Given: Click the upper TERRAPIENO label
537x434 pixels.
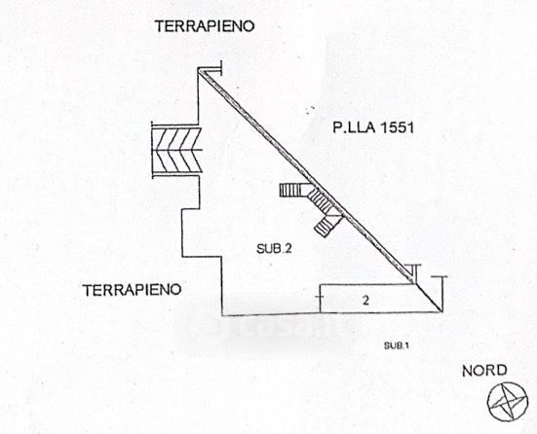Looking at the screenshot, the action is (x=205, y=26).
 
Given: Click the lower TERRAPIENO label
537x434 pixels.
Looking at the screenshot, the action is (x=132, y=290).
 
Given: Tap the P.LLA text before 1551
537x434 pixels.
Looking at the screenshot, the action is (x=353, y=127).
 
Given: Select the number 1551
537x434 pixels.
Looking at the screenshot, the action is (x=397, y=127).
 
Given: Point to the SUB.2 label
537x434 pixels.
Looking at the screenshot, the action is (x=274, y=249).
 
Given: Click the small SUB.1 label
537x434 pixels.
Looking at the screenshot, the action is (x=397, y=345).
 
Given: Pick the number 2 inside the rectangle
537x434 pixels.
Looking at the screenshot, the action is (x=366, y=301).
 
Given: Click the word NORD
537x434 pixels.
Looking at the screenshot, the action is (x=484, y=371).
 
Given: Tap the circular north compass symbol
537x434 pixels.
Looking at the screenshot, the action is (x=508, y=402).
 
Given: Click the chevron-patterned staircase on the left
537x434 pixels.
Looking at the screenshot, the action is (x=176, y=150).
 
